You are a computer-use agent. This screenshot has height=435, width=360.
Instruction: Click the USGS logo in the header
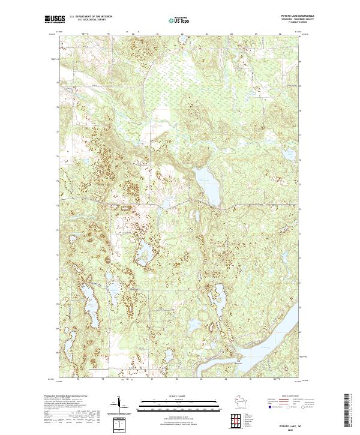pos(53,19)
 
